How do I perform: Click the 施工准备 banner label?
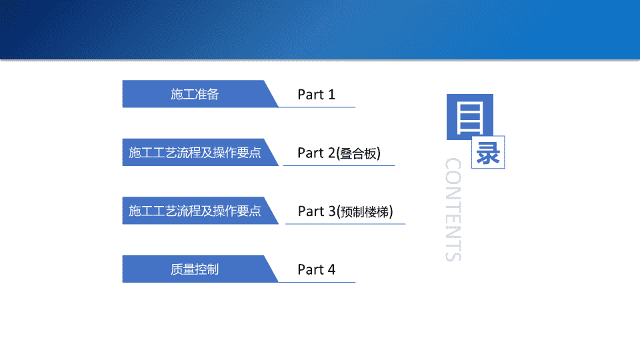coord(195,94)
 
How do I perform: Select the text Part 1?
coord(316,95)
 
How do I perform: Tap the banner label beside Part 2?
coord(195,153)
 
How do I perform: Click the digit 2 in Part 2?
coord(331,153)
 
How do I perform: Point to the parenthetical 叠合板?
coord(359,153)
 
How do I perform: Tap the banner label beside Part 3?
coord(195,211)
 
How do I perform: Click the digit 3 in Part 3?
coord(331,211)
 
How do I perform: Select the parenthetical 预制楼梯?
coord(365,212)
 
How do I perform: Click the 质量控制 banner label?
coord(195,269)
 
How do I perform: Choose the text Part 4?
coord(316,270)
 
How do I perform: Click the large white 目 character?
coord(470,119)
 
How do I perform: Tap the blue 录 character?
coord(488,153)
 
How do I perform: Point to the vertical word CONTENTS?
coord(453,209)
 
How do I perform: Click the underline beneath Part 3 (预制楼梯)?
coord(345,224)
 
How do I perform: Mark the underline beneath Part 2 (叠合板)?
coord(339,166)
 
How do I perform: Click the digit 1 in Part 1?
coord(331,95)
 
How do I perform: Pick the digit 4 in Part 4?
coord(331,270)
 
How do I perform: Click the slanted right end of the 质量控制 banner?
coord(271,269)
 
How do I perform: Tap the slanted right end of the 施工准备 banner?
coord(271,94)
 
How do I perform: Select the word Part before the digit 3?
coord(311,211)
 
